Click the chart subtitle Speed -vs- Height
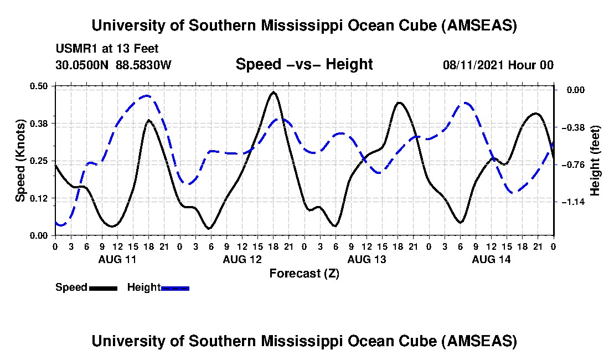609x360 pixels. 304,64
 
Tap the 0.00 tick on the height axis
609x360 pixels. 572,90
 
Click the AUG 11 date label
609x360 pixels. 117,259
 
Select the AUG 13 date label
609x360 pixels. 367,259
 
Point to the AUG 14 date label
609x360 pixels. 491,259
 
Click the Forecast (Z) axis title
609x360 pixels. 304,273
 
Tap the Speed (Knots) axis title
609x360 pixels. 20,161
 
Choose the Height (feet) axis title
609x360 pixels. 595,161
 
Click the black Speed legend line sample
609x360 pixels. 103,287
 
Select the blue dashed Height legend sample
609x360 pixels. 175,287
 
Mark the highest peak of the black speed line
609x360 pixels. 273,92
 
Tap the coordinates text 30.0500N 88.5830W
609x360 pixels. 113,65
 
